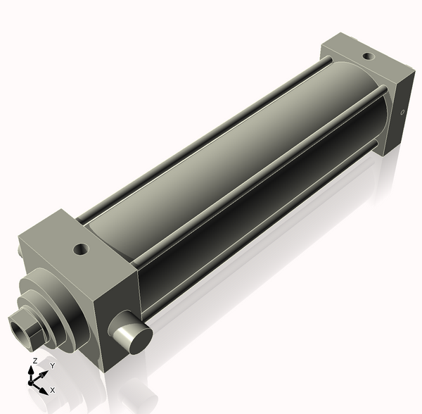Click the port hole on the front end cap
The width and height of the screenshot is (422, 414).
82,249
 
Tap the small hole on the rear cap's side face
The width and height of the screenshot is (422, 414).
402,112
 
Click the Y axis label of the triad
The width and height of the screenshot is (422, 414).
52,366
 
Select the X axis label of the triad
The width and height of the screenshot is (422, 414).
53,389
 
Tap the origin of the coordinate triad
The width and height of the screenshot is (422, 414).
32,381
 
